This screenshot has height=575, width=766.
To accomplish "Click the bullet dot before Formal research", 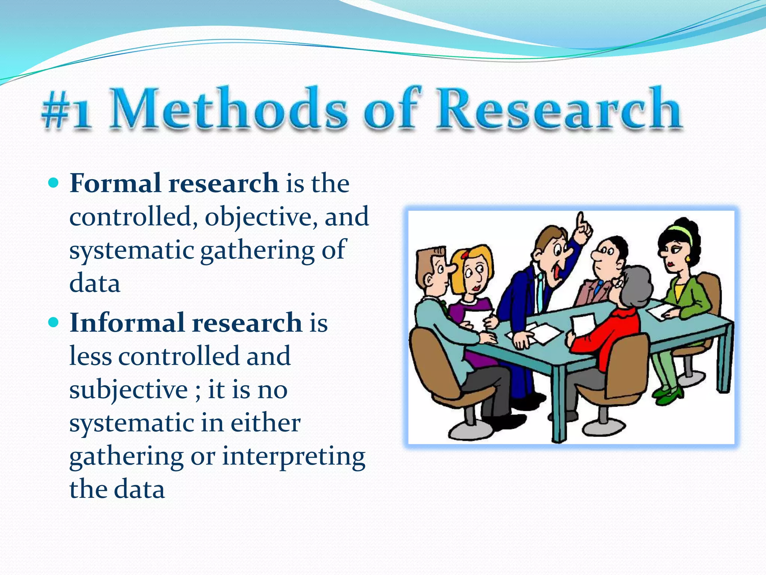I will click(x=54, y=183).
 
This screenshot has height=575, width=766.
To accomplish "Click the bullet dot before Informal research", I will click(x=54, y=322).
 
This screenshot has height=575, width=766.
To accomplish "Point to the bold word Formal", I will click(x=115, y=183).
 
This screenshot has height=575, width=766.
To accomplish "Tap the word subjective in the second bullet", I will click(x=128, y=390).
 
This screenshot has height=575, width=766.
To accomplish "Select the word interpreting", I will click(x=294, y=457).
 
